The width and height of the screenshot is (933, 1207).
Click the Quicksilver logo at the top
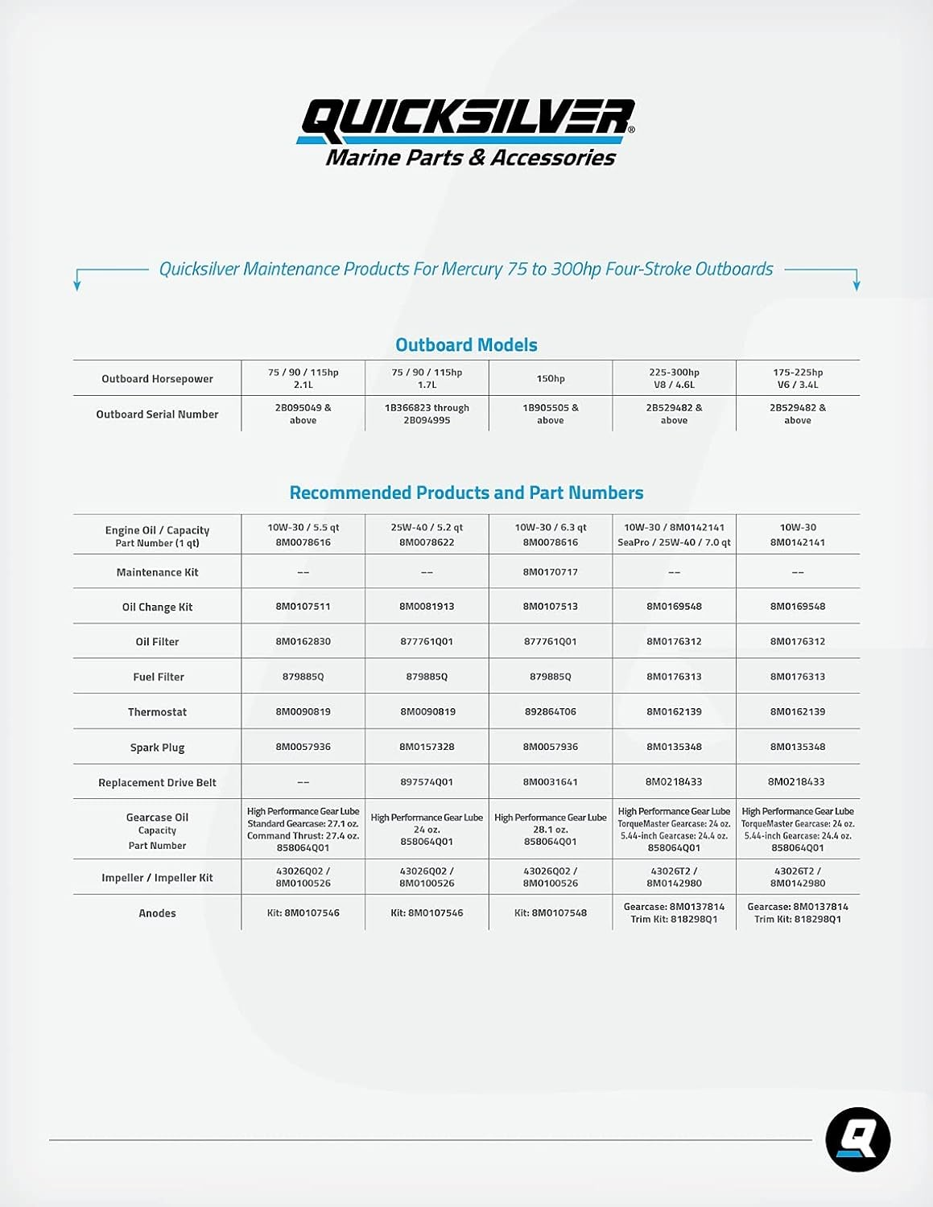(x=466, y=132)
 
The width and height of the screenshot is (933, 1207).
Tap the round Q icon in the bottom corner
(x=857, y=1139)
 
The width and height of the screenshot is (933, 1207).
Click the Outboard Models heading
(x=466, y=345)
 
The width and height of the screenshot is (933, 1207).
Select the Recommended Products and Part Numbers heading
(x=466, y=492)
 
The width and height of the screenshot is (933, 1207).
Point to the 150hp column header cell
(x=551, y=378)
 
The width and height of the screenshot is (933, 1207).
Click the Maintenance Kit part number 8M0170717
(x=551, y=572)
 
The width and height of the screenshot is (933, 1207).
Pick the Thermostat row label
(x=157, y=712)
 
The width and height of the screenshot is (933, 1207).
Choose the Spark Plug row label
(x=157, y=748)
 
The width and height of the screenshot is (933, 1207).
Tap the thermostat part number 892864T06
(x=551, y=712)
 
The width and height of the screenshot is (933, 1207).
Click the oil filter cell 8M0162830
(x=303, y=641)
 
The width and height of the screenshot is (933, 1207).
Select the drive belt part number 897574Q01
(x=427, y=782)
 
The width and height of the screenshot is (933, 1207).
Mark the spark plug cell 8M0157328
(x=427, y=747)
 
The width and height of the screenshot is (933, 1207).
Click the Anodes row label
(x=157, y=913)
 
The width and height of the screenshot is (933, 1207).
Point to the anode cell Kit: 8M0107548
(x=551, y=913)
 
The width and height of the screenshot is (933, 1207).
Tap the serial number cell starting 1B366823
(x=427, y=414)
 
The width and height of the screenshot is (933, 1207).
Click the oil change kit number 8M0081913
(x=427, y=607)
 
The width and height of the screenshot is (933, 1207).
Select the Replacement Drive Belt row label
(x=157, y=782)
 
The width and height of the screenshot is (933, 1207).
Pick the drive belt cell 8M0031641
(x=551, y=782)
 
